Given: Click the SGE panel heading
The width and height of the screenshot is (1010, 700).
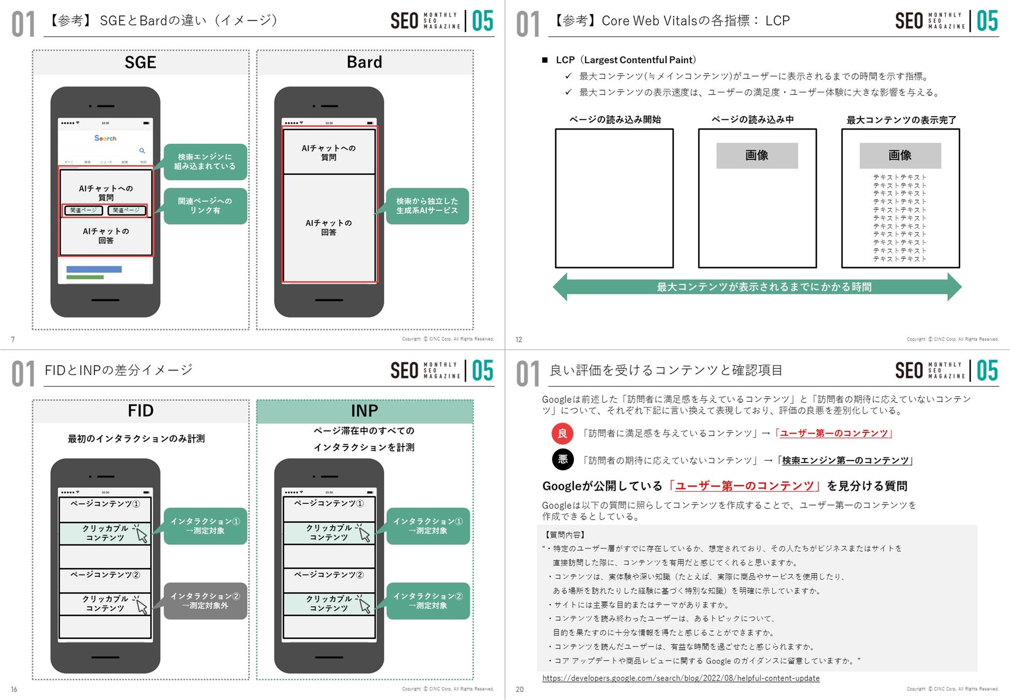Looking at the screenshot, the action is click(x=140, y=63).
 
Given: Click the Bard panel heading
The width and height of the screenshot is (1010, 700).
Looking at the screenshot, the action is click(x=365, y=63).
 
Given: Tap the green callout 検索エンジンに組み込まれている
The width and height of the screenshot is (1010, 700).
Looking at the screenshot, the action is click(x=205, y=162).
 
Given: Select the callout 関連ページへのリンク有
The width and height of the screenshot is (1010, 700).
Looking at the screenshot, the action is click(x=205, y=206).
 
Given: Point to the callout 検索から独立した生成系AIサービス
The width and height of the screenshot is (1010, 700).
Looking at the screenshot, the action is click(x=427, y=206).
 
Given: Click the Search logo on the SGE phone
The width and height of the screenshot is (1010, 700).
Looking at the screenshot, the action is click(x=105, y=138).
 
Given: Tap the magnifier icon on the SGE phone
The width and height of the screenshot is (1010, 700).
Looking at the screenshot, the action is click(x=142, y=151).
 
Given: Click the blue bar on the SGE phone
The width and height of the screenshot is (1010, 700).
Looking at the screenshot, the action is click(x=94, y=269).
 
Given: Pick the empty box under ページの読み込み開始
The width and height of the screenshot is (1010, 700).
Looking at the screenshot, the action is click(x=614, y=198).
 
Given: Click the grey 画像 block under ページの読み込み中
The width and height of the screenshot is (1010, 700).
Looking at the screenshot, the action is click(x=757, y=156).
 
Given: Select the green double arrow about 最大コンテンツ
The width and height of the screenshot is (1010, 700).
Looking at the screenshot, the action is click(x=757, y=287).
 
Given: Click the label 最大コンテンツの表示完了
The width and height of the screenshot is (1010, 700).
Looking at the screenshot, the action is click(x=901, y=120).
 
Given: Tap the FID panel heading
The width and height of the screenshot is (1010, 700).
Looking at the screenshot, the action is click(x=140, y=411).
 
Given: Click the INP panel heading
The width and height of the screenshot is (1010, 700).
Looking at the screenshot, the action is click(x=365, y=411).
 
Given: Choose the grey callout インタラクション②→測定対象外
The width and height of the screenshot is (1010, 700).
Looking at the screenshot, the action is click(x=205, y=601).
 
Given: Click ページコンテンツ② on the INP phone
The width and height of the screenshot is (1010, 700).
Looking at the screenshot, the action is click(x=329, y=575).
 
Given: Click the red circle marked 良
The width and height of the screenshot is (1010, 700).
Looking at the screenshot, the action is click(x=562, y=433).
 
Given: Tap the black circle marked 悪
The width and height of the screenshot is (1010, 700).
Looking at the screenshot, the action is click(x=562, y=459).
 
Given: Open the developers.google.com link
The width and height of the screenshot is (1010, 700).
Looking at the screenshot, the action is click(x=681, y=678).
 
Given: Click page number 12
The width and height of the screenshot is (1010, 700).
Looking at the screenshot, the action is click(x=518, y=340).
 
